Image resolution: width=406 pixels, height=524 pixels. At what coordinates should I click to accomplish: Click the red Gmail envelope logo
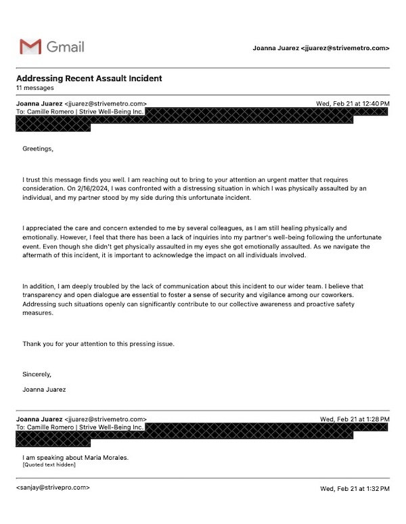pos(30,47)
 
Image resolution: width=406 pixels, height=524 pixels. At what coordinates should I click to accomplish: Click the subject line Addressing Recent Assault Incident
pos(89,78)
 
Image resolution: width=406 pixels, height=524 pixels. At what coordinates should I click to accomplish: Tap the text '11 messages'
pos(35,88)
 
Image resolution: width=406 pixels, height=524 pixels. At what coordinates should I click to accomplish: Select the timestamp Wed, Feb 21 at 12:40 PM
pos(353,103)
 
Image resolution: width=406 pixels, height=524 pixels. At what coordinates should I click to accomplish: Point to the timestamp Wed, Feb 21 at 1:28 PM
pos(355,419)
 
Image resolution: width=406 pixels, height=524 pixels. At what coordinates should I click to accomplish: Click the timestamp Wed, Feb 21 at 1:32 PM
pos(355,488)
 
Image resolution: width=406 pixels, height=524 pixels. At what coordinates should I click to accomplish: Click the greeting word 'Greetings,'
pos(37,148)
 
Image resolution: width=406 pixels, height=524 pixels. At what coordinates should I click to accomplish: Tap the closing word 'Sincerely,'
pos(37,373)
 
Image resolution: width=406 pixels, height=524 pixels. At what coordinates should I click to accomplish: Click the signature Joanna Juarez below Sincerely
pos(45,389)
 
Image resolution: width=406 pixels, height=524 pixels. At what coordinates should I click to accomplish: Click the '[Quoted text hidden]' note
pos(49,465)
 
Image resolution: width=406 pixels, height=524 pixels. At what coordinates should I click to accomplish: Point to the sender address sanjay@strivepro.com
pos(52,487)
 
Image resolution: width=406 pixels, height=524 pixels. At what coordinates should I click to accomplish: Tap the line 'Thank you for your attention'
pos(98,344)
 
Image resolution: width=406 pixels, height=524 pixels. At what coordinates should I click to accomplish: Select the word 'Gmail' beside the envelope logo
pos(65,47)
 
